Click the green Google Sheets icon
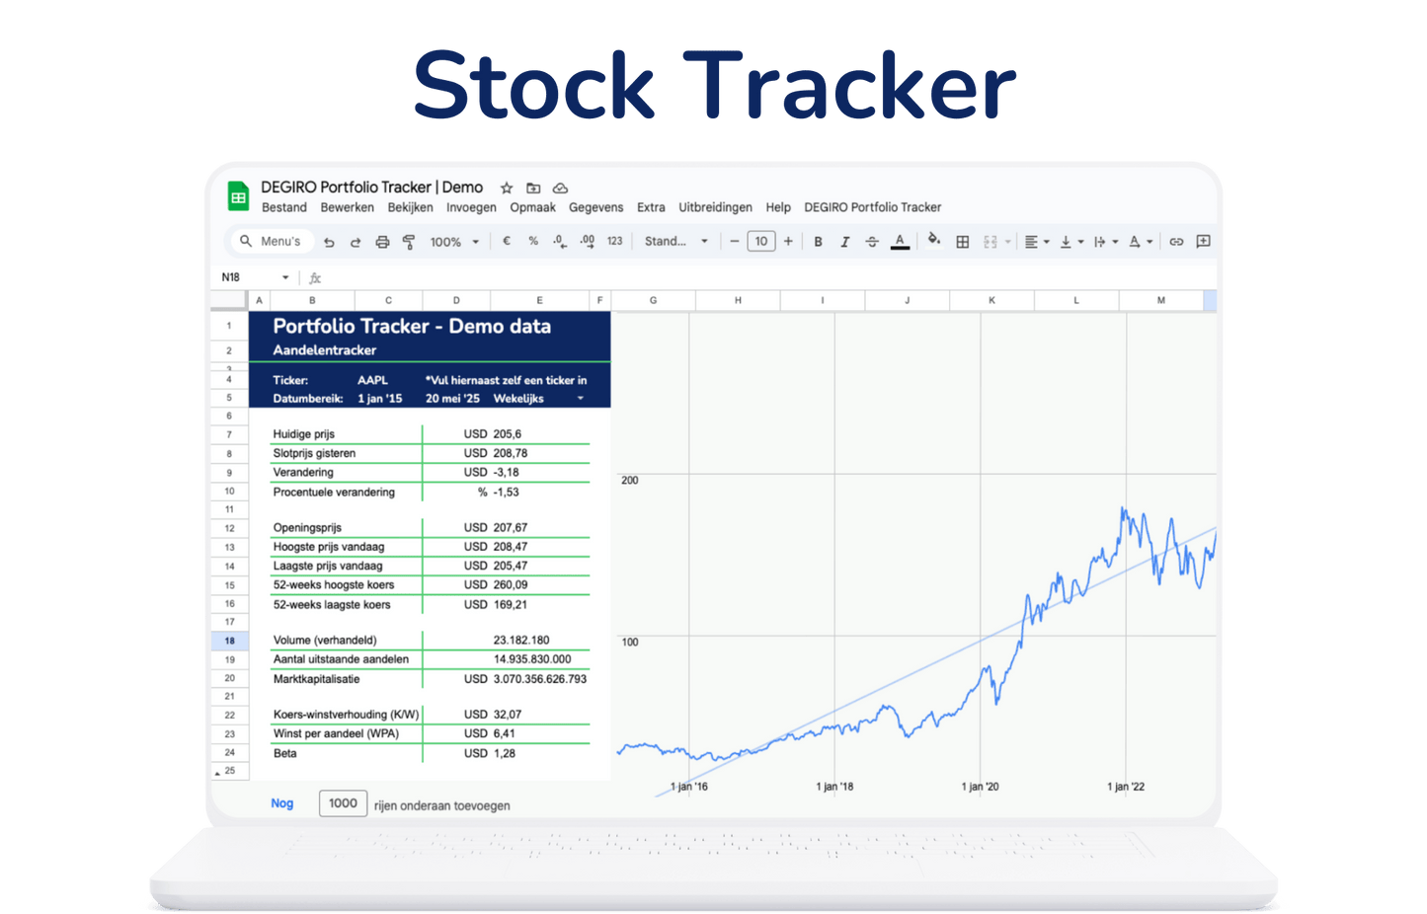click(238, 195)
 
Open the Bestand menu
click(284, 207)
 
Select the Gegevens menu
click(595, 207)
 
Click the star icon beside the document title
click(507, 188)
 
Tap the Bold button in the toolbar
click(818, 242)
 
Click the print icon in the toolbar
click(382, 242)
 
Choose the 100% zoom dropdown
click(454, 242)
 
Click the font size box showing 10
click(761, 242)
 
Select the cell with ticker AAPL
click(372, 380)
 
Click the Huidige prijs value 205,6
click(507, 434)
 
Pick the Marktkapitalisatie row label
click(317, 679)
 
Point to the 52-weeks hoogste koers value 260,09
click(511, 584)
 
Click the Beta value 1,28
click(504, 753)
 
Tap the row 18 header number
click(229, 641)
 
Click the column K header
click(991, 300)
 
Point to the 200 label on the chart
click(629, 481)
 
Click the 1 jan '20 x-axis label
click(980, 787)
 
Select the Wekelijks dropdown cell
click(538, 399)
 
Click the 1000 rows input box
click(343, 803)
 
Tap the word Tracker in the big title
click(849, 85)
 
